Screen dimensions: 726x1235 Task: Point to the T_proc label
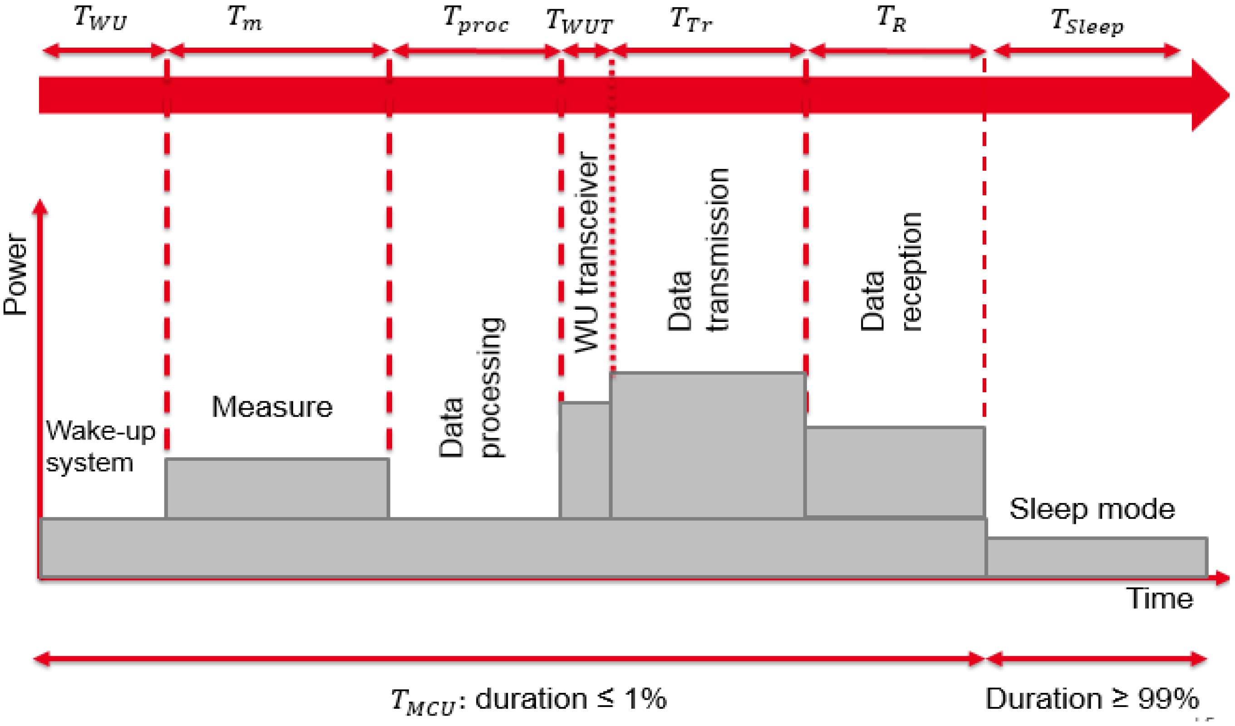click(476, 20)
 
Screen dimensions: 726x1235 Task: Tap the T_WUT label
click(579, 22)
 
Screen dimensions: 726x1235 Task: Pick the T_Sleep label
click(1087, 23)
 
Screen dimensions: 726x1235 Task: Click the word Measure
click(272, 407)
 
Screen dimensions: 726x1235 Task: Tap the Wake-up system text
click(100, 447)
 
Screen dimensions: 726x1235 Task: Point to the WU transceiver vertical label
click(586, 252)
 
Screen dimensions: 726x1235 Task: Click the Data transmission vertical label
click(699, 250)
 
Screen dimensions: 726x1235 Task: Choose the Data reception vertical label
click(891, 272)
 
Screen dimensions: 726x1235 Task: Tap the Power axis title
click(16, 275)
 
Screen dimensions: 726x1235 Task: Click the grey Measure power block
click(277, 488)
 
